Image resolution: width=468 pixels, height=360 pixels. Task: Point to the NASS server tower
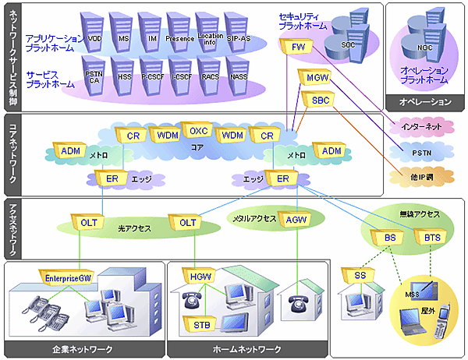pos(239,76)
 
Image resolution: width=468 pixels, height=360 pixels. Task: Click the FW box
pos(298,48)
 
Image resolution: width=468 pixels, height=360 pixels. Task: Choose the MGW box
pos(318,78)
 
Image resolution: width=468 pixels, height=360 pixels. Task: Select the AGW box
pos(296,221)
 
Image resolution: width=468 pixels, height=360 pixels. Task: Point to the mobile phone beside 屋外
pos(446,319)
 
